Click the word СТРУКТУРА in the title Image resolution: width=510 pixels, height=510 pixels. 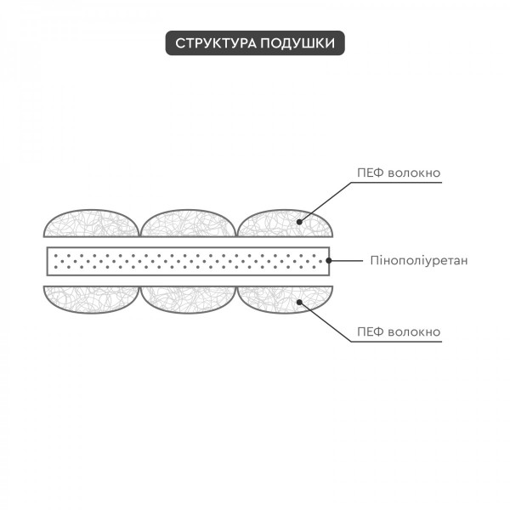tap(216, 43)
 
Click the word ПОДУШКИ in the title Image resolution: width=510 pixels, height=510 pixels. tap(297, 43)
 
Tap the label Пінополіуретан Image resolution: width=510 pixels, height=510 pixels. tap(419, 261)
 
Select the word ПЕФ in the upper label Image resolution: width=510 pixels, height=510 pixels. tap(371, 173)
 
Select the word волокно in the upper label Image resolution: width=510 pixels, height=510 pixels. tap(415, 173)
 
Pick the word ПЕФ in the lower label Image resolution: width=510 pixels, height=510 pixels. tap(371, 332)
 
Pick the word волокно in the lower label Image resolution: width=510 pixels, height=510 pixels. tap(415, 332)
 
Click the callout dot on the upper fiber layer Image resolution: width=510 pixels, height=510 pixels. tap(299, 222)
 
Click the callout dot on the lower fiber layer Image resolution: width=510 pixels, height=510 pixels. tap(299, 302)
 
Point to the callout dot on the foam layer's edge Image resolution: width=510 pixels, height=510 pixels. tap(329, 261)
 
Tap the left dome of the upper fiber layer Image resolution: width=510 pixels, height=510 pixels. tap(92, 224)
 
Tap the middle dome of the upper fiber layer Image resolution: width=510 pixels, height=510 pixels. tap(189, 224)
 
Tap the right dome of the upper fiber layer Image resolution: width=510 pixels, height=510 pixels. tap(285, 224)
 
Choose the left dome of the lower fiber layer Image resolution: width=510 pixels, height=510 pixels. tap(92, 299)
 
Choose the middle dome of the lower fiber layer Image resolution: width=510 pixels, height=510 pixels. tap(189, 299)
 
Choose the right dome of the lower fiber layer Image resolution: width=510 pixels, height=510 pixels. tap(285, 299)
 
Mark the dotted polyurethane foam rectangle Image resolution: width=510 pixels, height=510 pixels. tap(189, 261)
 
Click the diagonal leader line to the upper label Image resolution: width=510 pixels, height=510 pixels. tap(326, 202)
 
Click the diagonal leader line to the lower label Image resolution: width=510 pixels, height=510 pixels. tap(326, 322)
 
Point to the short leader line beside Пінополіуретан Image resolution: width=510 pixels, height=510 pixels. tap(346, 261)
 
